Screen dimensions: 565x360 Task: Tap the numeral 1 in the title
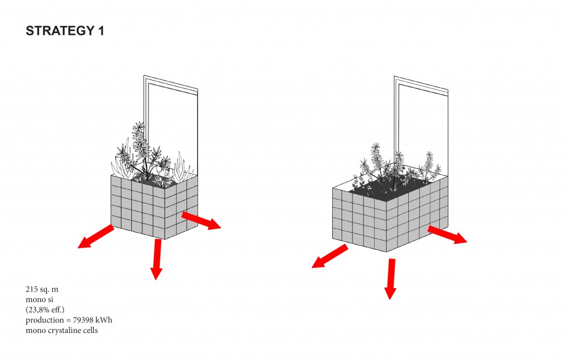point(101,31)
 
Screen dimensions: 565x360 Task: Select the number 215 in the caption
point(31,289)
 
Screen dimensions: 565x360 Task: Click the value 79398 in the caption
point(84,320)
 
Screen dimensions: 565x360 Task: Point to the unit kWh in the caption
point(105,320)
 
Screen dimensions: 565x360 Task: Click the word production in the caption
point(45,320)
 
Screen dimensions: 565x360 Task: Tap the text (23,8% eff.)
point(45,310)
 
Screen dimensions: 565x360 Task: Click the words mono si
point(39,300)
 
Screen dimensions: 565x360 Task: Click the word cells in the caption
point(89,330)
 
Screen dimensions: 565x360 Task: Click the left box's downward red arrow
point(156,259)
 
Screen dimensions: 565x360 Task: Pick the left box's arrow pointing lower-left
point(96,236)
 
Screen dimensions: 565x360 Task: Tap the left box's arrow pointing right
point(201,220)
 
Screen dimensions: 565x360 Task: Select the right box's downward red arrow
point(390,278)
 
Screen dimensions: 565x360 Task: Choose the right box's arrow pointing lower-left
point(330,256)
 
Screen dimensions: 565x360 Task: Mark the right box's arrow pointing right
point(447,235)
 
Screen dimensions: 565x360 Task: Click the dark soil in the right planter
point(389,189)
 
